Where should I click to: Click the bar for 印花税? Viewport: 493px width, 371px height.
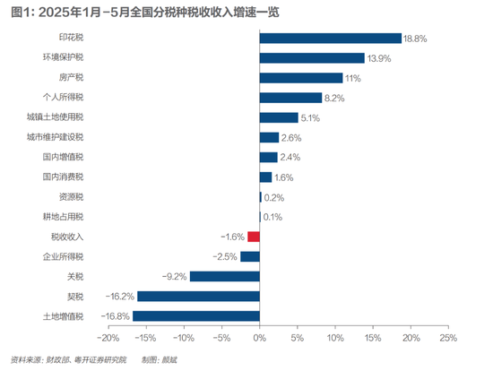click(330, 39)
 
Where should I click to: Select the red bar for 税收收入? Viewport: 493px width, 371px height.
click(254, 237)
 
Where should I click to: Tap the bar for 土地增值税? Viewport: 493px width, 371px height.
click(195, 315)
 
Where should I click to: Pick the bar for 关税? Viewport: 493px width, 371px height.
click(224, 276)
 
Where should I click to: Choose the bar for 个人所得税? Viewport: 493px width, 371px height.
click(290, 98)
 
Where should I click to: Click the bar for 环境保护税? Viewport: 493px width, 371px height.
click(312, 58)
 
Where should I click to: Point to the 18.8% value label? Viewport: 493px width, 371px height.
click(416, 39)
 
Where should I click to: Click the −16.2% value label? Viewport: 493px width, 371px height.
click(120, 296)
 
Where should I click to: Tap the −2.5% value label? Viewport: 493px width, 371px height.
click(225, 256)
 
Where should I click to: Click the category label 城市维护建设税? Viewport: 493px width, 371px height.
click(56, 137)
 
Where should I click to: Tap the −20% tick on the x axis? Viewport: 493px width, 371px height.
click(108, 339)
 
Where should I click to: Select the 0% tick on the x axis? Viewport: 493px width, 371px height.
click(259, 339)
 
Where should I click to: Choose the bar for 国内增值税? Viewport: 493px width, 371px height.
click(268, 157)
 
